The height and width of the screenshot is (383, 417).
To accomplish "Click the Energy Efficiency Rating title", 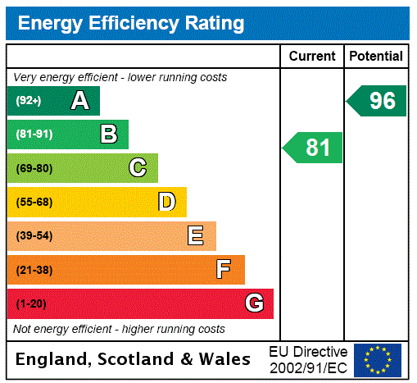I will pos(131,23).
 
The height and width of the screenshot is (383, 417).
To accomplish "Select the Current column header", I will pos(312,57).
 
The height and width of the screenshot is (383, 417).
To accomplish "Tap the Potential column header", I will pos(376,57).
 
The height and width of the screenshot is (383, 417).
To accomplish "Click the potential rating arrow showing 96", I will pos(378,101).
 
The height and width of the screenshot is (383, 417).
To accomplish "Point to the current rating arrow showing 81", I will pos(314,148).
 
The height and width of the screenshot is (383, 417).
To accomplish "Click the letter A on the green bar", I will pos(79,101).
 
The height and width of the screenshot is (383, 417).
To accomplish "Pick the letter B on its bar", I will pos(108,135).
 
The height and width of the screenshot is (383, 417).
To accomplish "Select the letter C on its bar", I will pos(138,168).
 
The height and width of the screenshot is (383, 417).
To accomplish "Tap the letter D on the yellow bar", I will pos(166,202).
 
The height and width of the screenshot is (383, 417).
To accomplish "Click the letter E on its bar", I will pos(196,236).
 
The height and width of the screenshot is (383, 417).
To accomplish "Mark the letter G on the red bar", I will pos(254,303).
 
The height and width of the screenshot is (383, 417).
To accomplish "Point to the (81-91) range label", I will pos(34,135).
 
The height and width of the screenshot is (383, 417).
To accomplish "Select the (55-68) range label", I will pos(34,202).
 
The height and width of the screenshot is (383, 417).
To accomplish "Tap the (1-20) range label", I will pos(31,303).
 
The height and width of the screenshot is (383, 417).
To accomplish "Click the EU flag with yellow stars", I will pos(378,360).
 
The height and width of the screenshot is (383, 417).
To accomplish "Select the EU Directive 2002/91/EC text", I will pos(308,359).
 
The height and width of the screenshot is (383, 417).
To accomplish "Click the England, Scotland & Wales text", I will pos(134,359).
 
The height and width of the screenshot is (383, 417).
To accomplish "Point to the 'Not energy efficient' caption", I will pos(119,329).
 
